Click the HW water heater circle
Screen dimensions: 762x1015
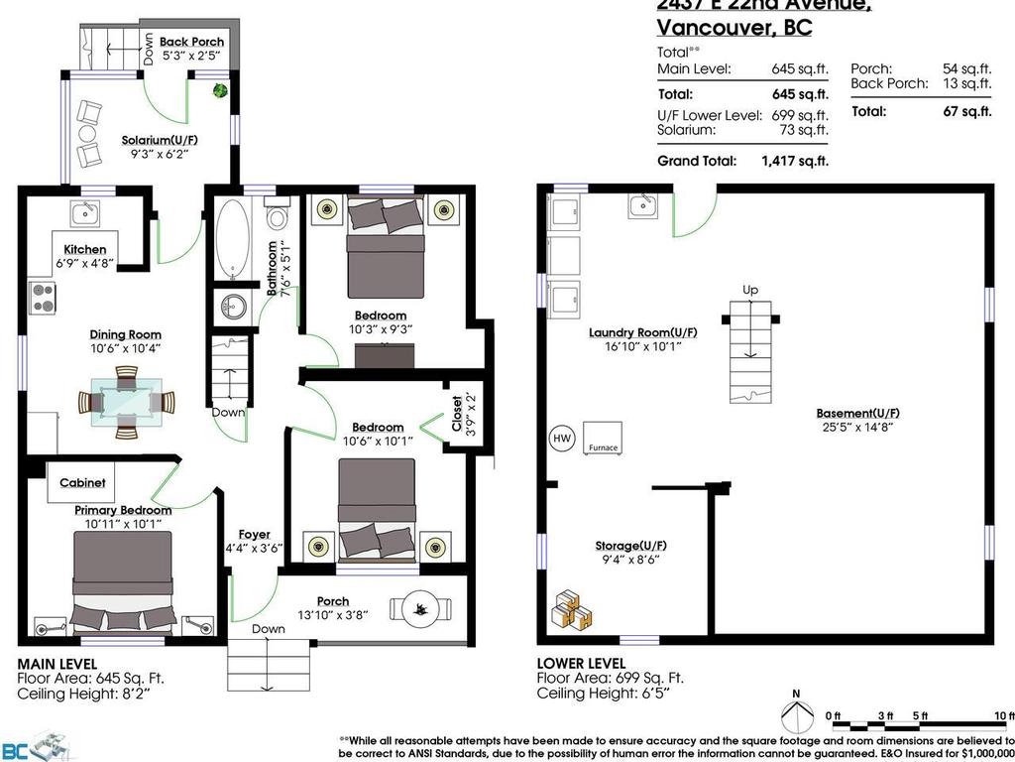pyautogui.click(x=560, y=438)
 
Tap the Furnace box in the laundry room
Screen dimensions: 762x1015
pyautogui.click(x=603, y=437)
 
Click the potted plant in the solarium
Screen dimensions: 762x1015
pyautogui.click(x=219, y=90)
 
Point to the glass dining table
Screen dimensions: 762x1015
pyautogui.click(x=126, y=402)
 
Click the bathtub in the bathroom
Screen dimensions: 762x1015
pyautogui.click(x=234, y=239)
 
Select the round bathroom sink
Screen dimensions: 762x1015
pyautogui.click(x=235, y=305)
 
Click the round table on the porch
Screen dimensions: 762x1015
pyautogui.click(x=418, y=606)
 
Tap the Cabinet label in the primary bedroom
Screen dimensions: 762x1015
pyautogui.click(x=82, y=483)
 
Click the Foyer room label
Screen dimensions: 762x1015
pyautogui.click(x=254, y=535)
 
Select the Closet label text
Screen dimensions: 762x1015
pyautogui.click(x=456, y=416)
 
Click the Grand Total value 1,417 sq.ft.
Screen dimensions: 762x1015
pyautogui.click(x=794, y=161)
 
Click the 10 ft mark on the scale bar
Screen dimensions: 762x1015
pyautogui.click(x=1003, y=715)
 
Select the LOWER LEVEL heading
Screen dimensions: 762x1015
pyautogui.click(x=581, y=663)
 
